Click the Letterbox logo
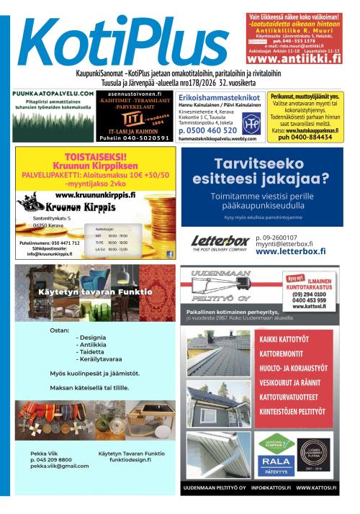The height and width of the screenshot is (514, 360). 221,241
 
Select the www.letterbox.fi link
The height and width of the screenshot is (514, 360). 290,252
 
